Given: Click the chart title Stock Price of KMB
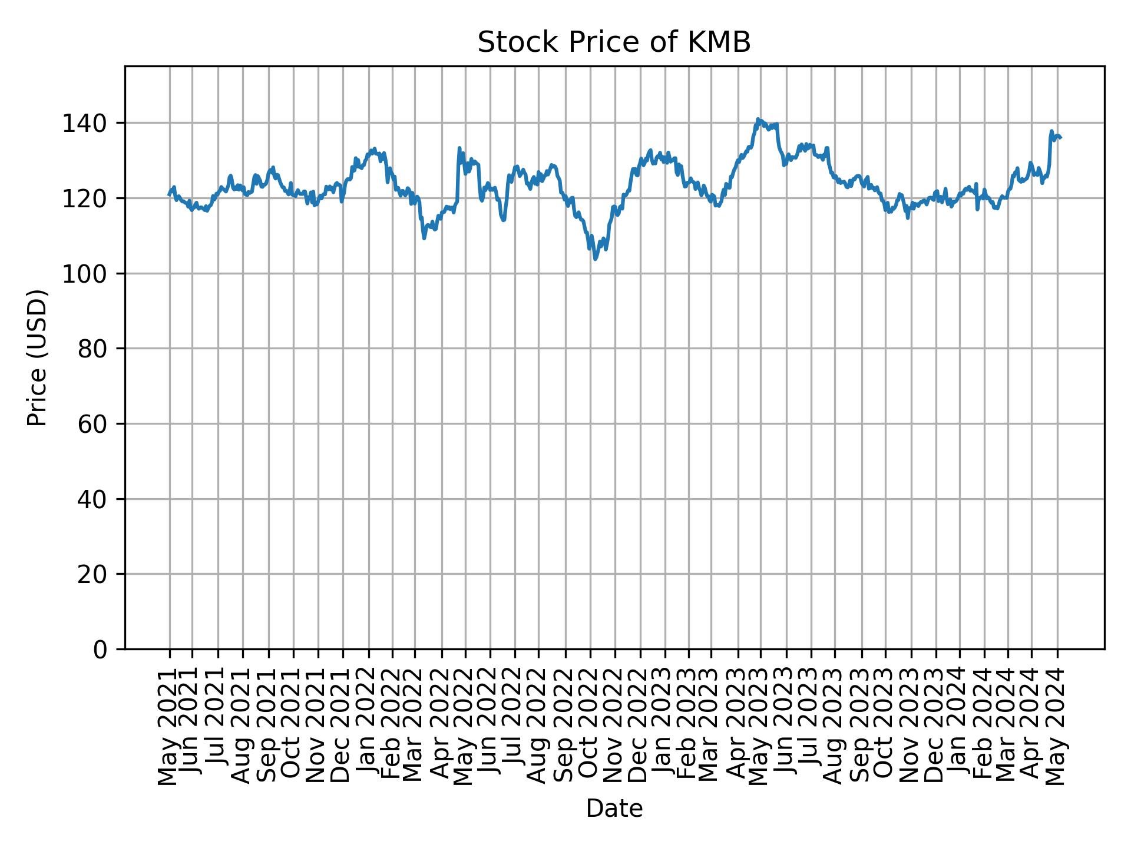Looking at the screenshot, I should coord(614,43).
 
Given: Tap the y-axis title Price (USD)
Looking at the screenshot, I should coord(37,357).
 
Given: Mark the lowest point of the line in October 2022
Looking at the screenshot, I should coord(595,259).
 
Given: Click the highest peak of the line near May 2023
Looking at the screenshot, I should coord(758,119).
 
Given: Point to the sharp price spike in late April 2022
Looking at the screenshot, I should coord(459,148).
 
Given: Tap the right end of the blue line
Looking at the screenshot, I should coord(1061,138).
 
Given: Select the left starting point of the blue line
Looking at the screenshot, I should coord(169,194).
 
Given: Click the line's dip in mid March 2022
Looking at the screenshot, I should coord(424,238).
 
